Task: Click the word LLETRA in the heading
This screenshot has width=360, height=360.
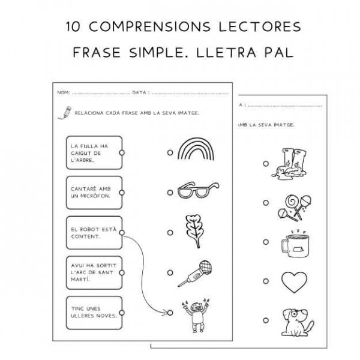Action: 227,52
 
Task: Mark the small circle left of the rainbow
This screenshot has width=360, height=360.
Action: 170,153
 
